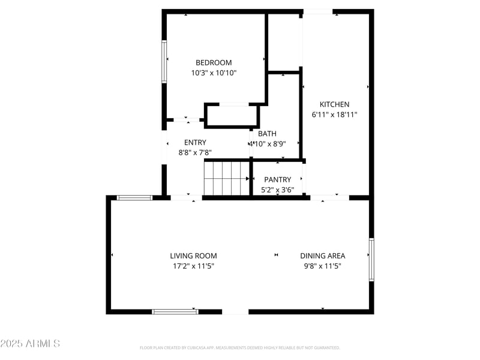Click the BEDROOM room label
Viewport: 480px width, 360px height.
click(214, 62)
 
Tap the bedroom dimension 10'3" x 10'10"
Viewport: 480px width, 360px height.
click(214, 73)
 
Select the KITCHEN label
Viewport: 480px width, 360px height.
click(334, 104)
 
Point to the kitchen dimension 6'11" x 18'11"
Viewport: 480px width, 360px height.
click(334, 115)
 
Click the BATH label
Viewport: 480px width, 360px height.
click(268, 134)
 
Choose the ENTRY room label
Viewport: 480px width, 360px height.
click(195, 142)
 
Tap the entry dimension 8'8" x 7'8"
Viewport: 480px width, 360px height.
click(195, 153)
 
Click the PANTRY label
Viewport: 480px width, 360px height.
click(277, 179)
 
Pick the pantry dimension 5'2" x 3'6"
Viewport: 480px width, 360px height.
click(277, 190)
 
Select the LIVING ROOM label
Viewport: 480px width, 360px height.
click(193, 256)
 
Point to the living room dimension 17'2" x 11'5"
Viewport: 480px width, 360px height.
click(193, 266)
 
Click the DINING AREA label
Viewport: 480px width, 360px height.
click(323, 256)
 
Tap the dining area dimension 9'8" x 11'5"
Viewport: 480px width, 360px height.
click(323, 266)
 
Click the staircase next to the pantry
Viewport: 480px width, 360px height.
click(226, 178)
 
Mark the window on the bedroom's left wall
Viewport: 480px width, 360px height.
click(164, 61)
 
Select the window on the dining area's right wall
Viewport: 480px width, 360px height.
click(371, 260)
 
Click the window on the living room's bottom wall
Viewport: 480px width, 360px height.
click(175, 311)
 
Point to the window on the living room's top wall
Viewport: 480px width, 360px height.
click(134, 197)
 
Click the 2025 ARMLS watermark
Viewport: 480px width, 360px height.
click(30, 344)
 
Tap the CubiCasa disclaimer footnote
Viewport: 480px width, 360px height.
click(240, 347)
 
